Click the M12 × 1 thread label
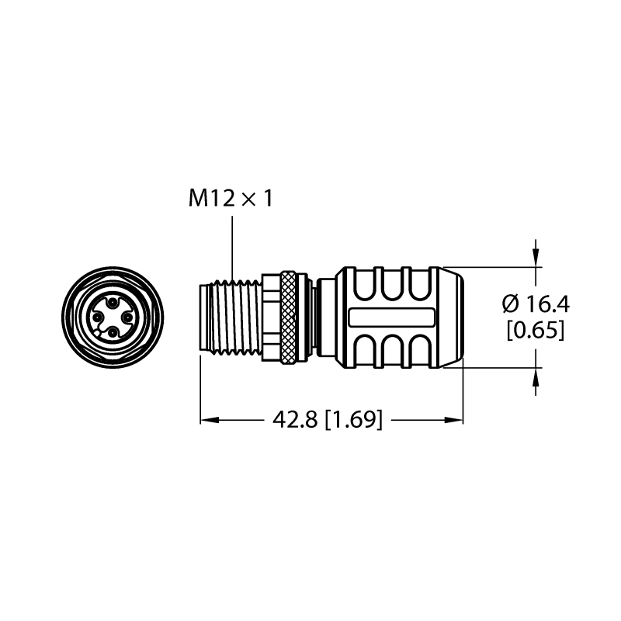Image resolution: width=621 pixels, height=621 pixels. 231,198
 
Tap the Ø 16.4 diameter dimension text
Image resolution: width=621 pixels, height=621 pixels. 536,304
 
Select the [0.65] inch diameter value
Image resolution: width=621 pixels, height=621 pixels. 536,330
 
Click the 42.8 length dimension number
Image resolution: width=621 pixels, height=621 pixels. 295,419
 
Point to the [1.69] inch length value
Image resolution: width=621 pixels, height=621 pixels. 354,419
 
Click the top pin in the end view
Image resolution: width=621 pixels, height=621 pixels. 113,303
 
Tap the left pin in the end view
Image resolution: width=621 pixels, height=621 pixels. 97,317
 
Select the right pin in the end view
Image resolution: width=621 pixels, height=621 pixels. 127,317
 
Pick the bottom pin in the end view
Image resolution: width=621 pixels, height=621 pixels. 113,333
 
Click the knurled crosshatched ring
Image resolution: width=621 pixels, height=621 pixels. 288,317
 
